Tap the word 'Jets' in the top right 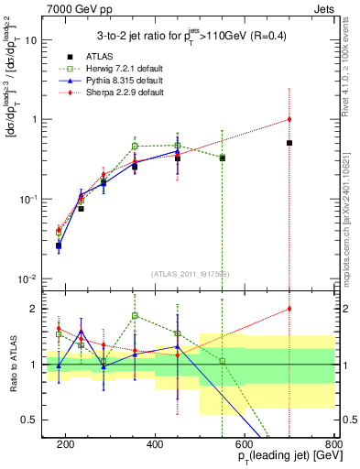pos(324,8)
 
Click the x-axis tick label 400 pos(155,443)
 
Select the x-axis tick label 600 pos(245,443)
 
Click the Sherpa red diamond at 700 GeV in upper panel pos(289,119)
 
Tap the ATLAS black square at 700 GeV pos(289,143)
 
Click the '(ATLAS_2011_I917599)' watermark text pos(191,273)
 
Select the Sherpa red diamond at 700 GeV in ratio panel pos(289,309)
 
